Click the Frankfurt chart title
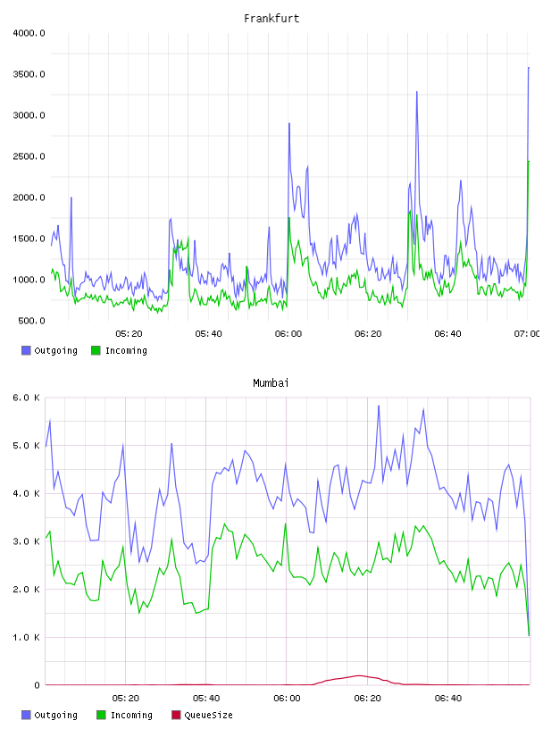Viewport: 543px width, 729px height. tap(271, 19)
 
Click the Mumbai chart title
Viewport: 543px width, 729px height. tap(271, 383)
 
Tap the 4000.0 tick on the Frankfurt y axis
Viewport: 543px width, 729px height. tap(29, 33)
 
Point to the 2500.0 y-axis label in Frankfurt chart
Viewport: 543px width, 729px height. tap(29, 156)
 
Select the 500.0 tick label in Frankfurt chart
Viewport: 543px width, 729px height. tap(31, 321)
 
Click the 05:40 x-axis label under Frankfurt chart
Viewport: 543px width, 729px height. tap(208, 334)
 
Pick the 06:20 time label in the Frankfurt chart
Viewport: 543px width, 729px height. tap(368, 334)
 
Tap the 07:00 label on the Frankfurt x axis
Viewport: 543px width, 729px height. tap(527, 334)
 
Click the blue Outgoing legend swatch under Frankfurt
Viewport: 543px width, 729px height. tap(26, 350)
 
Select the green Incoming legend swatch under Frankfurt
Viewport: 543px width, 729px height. tap(96, 350)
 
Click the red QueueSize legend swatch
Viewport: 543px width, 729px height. tap(176, 715)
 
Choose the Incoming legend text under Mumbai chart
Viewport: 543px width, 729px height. tap(131, 715)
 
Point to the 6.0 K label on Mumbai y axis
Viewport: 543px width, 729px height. tap(27, 398)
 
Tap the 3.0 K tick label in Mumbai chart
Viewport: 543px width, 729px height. tap(27, 541)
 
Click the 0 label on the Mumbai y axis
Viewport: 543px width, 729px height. tap(37, 685)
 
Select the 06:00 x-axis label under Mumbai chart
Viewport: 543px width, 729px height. tap(287, 699)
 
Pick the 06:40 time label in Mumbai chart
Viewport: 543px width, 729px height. tap(448, 699)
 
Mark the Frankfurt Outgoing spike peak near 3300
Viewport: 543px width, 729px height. tap(416, 92)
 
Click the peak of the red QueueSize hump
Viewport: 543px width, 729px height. tap(359, 675)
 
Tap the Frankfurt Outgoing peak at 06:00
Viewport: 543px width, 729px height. tap(289, 123)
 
